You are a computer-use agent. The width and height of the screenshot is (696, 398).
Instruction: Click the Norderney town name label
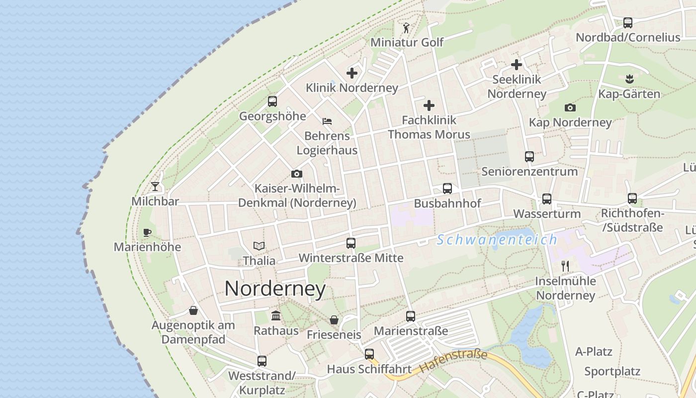pos(275,289)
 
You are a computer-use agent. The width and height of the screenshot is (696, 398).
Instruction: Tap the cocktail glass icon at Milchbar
pos(156,187)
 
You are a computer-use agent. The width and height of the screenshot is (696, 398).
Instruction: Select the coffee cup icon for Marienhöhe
pos(147,232)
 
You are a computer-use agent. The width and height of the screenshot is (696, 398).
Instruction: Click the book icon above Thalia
pos(259,246)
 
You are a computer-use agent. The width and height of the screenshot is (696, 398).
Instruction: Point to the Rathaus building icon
pos(276,315)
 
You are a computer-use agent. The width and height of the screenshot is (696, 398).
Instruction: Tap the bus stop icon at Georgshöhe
pos(272,101)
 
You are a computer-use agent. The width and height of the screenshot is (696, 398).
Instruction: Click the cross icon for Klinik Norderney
pos(352,73)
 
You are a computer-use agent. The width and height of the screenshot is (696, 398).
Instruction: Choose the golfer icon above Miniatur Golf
pos(406,28)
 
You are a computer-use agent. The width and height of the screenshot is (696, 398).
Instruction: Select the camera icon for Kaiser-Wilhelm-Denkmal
pos(297,174)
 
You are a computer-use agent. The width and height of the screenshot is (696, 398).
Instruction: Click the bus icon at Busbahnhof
pos(447,189)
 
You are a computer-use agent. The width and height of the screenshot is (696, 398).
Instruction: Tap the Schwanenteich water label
pos(497,240)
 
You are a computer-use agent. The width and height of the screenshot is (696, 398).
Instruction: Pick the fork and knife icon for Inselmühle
pos(565,266)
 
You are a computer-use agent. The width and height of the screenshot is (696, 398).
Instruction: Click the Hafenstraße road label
pos(453,362)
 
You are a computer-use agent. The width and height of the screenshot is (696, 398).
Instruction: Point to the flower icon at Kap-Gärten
pos(629,79)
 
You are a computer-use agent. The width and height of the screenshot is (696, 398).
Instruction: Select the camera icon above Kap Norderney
pos(570,107)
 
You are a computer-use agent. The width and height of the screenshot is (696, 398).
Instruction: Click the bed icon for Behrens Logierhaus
pos(327,121)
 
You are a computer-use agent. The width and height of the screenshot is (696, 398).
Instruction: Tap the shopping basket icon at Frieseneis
pos(334,320)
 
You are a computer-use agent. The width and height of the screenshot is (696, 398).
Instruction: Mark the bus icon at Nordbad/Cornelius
pos(628,22)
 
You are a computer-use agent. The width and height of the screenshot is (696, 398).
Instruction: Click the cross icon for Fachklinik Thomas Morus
pos(429,105)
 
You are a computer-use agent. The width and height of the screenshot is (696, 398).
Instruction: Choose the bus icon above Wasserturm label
pos(547,199)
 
